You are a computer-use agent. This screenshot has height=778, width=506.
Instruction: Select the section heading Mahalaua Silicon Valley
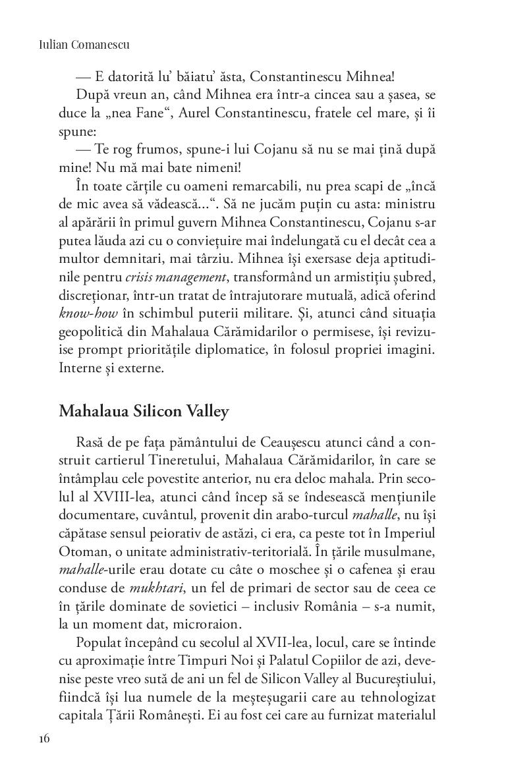pyautogui.click(x=144, y=412)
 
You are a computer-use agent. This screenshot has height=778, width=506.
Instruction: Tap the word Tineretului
pyautogui.click(x=181, y=459)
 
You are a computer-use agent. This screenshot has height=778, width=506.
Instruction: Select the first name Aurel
pyautogui.click(x=181, y=113)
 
